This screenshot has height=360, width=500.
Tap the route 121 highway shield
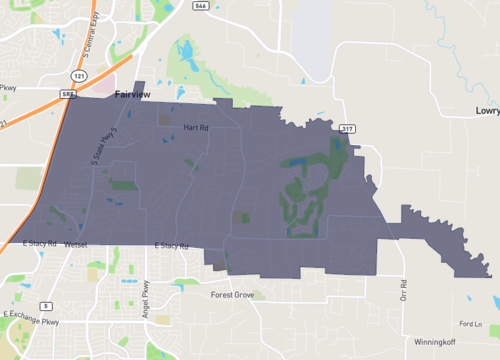pyautogui.click(x=79, y=76)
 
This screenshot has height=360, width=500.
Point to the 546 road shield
pyautogui.click(x=201, y=5)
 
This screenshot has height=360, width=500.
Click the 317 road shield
pyautogui.click(x=347, y=128)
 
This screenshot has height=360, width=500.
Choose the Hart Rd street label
pyautogui.click(x=195, y=128)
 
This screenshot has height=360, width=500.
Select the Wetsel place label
pyautogui.click(x=76, y=245)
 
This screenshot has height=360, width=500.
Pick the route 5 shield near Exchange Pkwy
pyautogui.click(x=46, y=304)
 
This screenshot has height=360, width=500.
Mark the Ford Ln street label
pyautogui.click(x=471, y=324)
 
